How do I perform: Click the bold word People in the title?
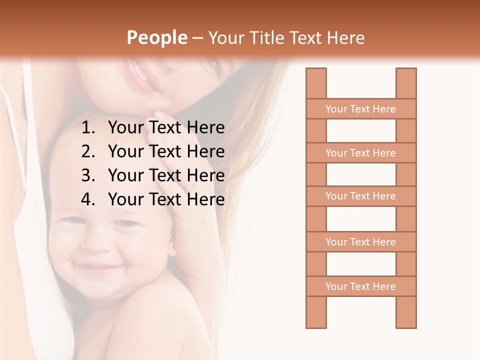click(x=156, y=37)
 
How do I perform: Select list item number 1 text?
click(x=166, y=128)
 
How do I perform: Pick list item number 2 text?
click(x=166, y=151)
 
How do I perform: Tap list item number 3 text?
click(x=166, y=175)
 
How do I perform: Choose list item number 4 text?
click(x=166, y=199)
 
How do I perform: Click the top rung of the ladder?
click(x=360, y=109)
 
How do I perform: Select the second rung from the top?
click(x=360, y=153)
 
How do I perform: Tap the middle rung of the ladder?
click(x=360, y=196)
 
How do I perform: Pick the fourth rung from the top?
click(x=360, y=242)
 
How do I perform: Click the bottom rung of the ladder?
click(x=360, y=286)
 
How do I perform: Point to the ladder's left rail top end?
click(x=316, y=72)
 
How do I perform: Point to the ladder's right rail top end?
click(x=406, y=72)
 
